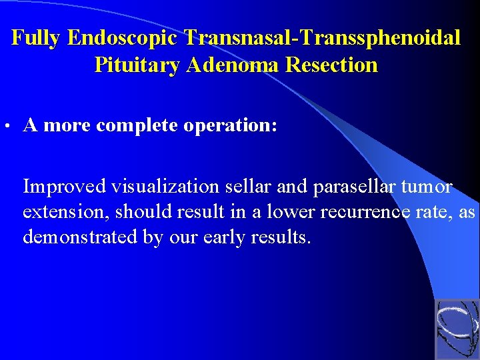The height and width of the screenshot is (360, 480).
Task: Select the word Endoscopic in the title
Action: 123,38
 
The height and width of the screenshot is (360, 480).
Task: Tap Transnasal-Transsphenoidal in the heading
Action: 323,38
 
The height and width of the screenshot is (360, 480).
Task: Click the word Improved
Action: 65,187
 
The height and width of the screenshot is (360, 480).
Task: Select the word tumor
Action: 429,187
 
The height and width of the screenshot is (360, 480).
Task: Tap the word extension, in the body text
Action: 66,213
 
